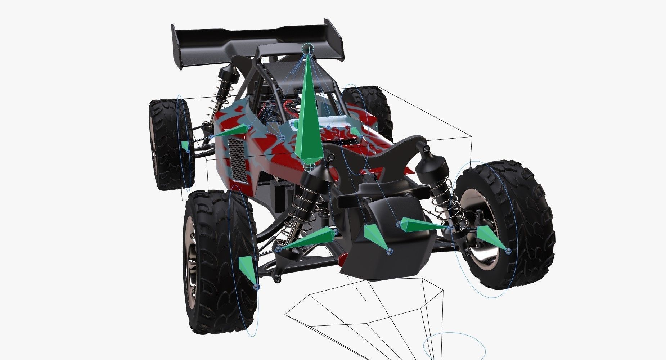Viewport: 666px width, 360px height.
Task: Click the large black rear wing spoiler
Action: pos(252,40)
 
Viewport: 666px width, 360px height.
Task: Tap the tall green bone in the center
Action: pos(307,119)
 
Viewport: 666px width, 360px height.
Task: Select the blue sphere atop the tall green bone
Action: pos(307,48)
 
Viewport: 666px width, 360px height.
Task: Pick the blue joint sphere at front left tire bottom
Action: pos(256,287)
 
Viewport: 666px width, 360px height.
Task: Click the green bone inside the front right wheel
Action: pos(491,238)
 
